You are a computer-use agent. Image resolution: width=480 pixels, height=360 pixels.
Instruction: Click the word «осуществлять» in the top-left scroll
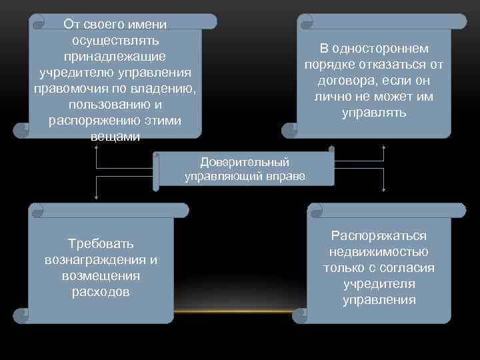point(115,41)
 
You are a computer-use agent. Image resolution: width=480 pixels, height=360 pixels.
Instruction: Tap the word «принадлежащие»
point(115,57)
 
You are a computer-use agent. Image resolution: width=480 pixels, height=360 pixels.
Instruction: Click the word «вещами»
point(115,137)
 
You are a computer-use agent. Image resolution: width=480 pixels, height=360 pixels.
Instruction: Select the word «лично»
point(332,97)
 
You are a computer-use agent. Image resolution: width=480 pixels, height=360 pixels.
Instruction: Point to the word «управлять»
point(373,113)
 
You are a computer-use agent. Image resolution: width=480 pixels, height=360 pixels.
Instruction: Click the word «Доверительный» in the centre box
point(245,162)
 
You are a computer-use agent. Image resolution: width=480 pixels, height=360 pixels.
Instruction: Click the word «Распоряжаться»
point(379,236)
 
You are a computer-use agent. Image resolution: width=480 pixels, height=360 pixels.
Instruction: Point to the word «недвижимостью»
point(379,252)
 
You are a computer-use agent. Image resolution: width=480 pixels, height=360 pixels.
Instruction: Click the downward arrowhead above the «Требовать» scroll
point(97,197)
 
